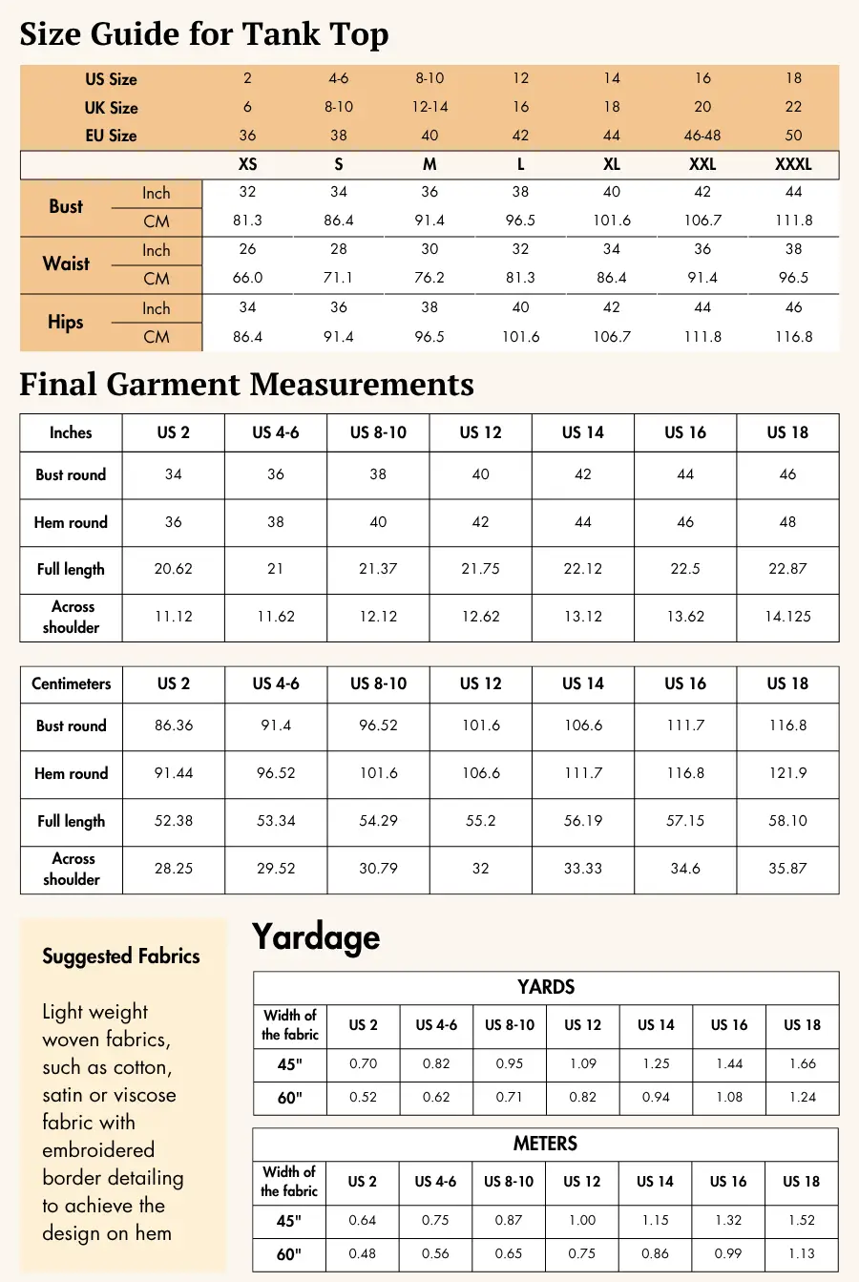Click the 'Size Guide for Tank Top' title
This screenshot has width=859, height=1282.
coord(204,34)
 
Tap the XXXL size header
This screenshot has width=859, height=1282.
coord(793,164)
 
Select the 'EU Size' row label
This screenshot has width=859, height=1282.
coord(111,136)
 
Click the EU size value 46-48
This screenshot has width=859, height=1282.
coord(702,136)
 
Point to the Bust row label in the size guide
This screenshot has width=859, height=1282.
coord(66,206)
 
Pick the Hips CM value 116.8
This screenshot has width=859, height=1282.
coord(794,337)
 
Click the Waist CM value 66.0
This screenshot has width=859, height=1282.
coord(247,278)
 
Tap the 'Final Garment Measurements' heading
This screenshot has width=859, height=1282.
coord(246,384)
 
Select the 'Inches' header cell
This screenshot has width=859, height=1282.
coord(71,432)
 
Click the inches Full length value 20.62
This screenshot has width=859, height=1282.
coord(174,569)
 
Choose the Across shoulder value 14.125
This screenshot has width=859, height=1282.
coord(787,617)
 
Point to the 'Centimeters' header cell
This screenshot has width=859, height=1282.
coord(71,683)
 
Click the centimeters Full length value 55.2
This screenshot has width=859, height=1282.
coord(480,821)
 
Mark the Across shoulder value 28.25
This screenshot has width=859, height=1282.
coord(174,869)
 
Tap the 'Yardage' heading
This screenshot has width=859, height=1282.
coord(316,937)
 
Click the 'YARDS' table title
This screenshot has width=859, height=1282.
coord(546,987)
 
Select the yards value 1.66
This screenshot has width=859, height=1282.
coord(803,1063)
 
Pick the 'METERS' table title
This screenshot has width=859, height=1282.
coord(545,1144)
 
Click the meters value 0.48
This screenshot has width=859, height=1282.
coord(363,1253)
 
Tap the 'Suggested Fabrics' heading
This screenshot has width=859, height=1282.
coord(121,956)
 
